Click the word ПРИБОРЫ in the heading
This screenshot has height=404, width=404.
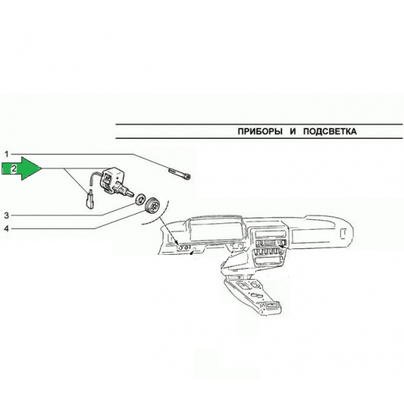tap(260, 131)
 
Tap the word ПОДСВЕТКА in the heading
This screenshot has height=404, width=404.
tap(330, 131)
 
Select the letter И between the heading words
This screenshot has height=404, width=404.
tap(292, 131)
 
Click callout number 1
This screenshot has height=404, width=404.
tap(7, 154)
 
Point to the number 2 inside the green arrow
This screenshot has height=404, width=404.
tap(14, 169)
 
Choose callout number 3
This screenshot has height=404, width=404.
tap(7, 215)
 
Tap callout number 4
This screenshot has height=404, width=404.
tap(7, 228)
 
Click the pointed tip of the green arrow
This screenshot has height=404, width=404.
tap(41, 168)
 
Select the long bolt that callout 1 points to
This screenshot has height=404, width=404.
tap(179, 173)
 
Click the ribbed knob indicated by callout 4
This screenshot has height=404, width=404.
tap(153, 205)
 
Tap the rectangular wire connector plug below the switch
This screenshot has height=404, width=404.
tap(90, 199)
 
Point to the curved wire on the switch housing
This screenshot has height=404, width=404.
tap(95, 177)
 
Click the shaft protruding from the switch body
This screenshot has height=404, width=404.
tap(128, 190)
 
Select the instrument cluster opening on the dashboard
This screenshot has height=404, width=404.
tap(215, 231)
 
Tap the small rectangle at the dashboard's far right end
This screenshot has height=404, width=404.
tap(343, 233)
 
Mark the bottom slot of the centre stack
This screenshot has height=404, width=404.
tap(268, 261)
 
